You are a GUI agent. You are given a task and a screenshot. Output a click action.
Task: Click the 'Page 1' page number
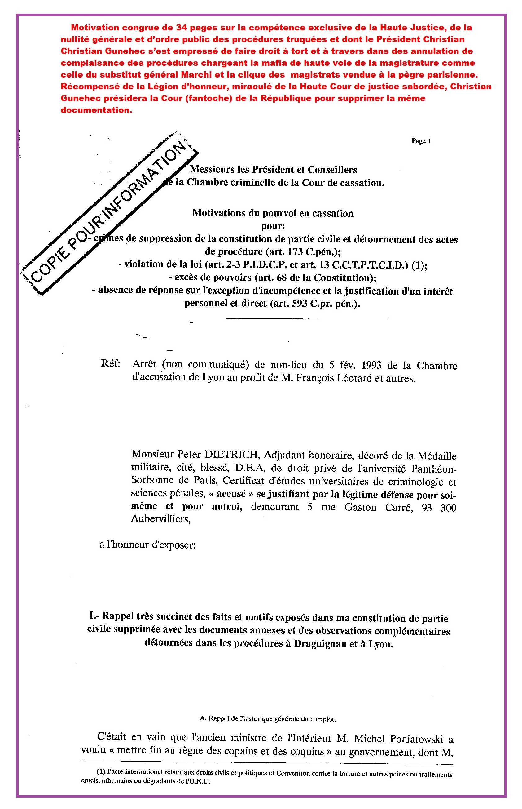tap(421, 141)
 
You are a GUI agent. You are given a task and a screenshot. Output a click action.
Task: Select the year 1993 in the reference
tap(371, 365)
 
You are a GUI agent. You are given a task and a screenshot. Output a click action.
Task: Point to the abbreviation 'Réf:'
tap(111, 364)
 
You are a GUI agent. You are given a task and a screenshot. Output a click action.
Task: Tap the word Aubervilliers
tap(161, 519)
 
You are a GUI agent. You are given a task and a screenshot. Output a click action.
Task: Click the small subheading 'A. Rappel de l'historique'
tap(267, 718)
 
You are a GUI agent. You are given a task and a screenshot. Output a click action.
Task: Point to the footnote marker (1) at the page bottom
tap(101, 772)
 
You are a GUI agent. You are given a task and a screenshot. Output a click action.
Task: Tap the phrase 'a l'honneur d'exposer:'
tap(147, 545)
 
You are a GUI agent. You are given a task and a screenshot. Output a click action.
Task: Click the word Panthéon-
tap(433, 469)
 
